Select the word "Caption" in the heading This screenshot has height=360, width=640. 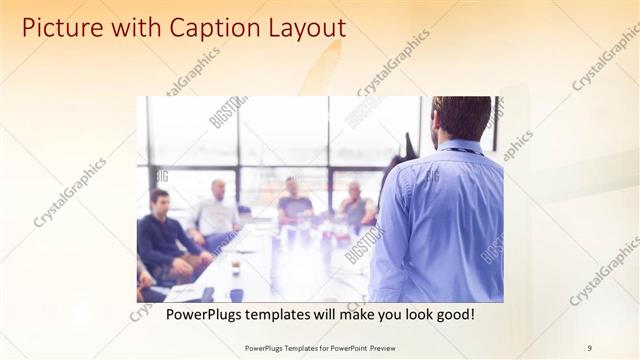(x=202, y=27)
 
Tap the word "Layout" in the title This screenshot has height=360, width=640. (x=300, y=27)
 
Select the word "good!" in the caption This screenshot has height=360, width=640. (x=453, y=315)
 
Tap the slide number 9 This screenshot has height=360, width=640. (x=589, y=347)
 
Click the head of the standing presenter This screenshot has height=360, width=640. (x=461, y=118)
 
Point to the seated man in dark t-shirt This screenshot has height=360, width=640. (x=294, y=204)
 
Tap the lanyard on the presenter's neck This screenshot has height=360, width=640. (x=460, y=151)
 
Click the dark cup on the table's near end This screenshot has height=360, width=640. (x=236, y=295)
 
